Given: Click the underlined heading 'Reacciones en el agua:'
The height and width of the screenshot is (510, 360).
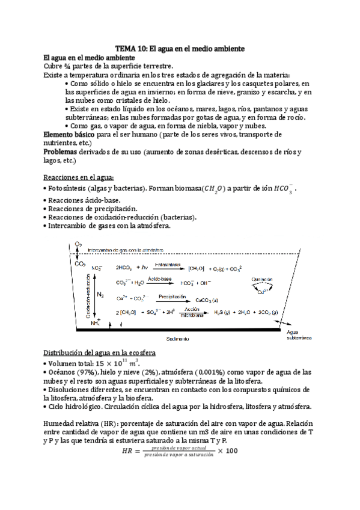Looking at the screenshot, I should [79, 178].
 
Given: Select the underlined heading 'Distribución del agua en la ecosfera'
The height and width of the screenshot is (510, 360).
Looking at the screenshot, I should [100, 352].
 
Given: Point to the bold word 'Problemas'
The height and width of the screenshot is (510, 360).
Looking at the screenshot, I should [63, 153].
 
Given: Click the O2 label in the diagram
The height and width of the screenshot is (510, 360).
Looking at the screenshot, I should [79, 244].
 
